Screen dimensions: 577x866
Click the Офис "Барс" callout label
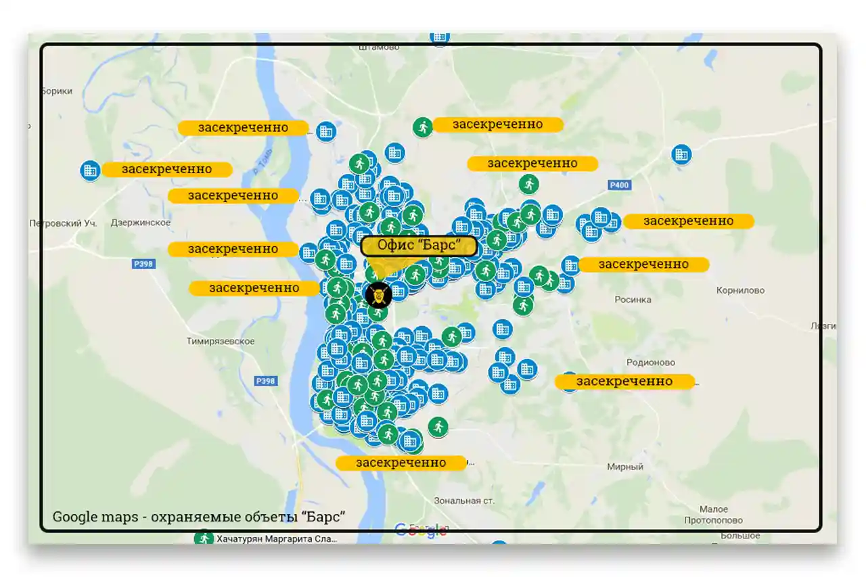(419, 246)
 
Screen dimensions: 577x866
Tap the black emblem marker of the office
(378, 295)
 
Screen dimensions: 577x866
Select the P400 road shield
(618, 185)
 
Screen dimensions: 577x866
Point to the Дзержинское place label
(140, 223)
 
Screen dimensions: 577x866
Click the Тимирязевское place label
(221, 342)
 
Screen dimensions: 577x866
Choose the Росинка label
(633, 300)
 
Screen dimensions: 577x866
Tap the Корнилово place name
(740, 291)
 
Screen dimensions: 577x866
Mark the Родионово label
(651, 363)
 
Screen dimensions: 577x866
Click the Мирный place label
(624, 467)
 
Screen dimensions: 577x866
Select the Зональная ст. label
(464, 501)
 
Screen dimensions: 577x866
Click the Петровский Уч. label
(64, 223)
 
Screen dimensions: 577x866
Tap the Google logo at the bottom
(420, 530)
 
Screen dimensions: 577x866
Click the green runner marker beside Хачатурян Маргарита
(204, 539)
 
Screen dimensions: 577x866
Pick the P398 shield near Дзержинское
(143, 264)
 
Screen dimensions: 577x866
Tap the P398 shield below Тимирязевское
(266, 382)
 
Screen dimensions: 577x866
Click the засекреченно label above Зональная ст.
(401, 463)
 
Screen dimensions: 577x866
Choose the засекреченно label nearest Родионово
(624, 382)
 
